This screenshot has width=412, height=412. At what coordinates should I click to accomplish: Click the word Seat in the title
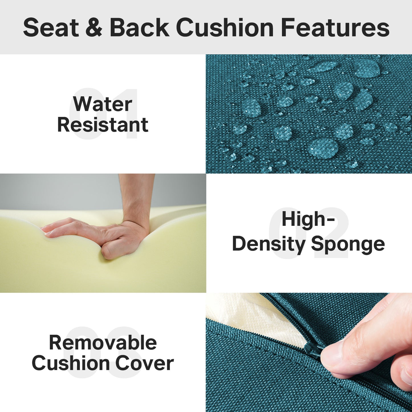coord(51,28)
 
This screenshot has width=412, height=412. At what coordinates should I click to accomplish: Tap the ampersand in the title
coord(94,28)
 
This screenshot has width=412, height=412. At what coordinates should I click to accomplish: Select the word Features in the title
coord(335,28)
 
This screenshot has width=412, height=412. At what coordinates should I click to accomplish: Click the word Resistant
coord(103,125)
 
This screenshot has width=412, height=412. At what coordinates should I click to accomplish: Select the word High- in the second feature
coord(308,219)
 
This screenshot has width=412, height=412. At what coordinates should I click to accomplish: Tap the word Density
coord(269,244)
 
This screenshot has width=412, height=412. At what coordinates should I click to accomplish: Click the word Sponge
coord(348,244)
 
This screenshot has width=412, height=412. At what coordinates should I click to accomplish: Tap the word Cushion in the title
coord(225,28)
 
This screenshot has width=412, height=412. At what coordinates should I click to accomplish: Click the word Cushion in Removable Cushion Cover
coord(71,363)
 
